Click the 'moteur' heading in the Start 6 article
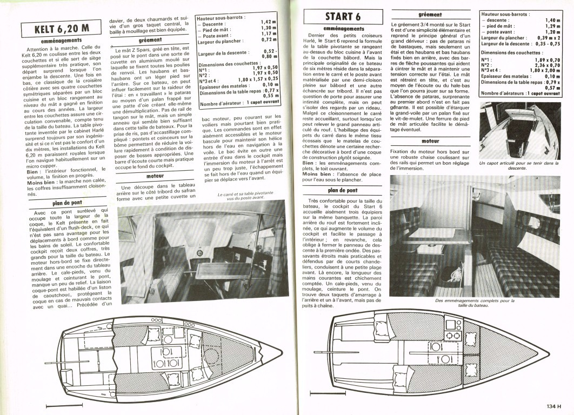[431, 141]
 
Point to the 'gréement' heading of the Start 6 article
[430, 15]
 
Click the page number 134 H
[556, 407]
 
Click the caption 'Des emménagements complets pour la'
[475, 300]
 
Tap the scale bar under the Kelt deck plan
[57, 405]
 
